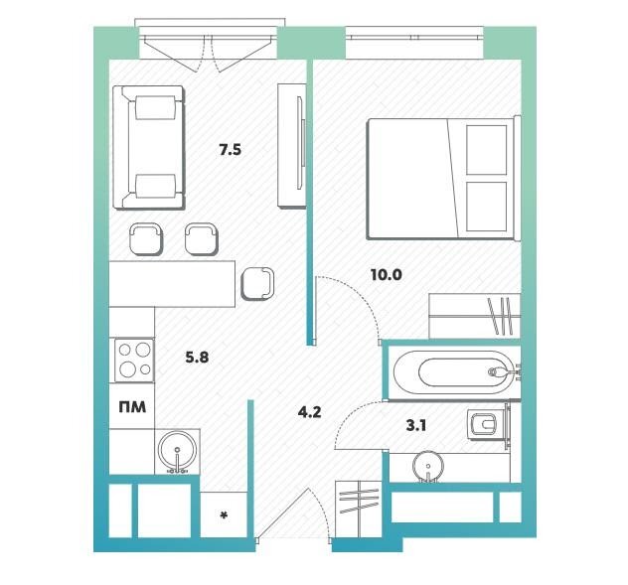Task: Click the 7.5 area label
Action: [x=230, y=150]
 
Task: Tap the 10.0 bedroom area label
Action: [x=387, y=275]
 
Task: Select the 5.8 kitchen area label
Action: [x=197, y=357]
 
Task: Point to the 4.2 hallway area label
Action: [x=310, y=412]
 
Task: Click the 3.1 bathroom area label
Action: [x=416, y=426]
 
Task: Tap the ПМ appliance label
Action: [x=132, y=407]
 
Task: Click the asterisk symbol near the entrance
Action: [x=224, y=514]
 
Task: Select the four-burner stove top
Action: [x=134, y=360]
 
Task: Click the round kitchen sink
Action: [x=178, y=451]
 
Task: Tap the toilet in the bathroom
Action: [x=485, y=426]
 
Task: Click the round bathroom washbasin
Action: [x=428, y=466]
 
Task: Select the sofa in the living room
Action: [x=149, y=147]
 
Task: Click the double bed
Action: [x=443, y=178]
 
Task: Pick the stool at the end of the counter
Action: [x=257, y=283]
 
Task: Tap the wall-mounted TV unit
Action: [x=292, y=145]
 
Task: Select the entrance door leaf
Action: [x=283, y=514]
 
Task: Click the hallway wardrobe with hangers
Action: [x=359, y=509]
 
